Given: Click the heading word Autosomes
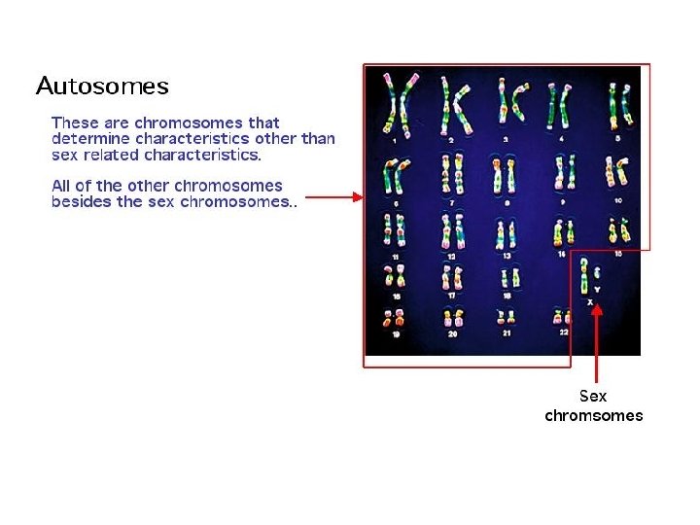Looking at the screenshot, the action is pyautogui.click(x=102, y=87).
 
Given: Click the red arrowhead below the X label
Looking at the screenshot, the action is pyautogui.click(x=598, y=311).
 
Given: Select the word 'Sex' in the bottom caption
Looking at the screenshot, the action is pyautogui.click(x=592, y=397).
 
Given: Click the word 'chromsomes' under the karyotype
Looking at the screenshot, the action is pyautogui.click(x=593, y=416).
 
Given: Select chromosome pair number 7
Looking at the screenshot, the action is pyautogui.click(x=450, y=175).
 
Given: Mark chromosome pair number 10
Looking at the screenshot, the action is pyautogui.click(x=616, y=175).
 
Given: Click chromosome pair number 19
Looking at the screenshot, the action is pyautogui.click(x=395, y=318).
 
